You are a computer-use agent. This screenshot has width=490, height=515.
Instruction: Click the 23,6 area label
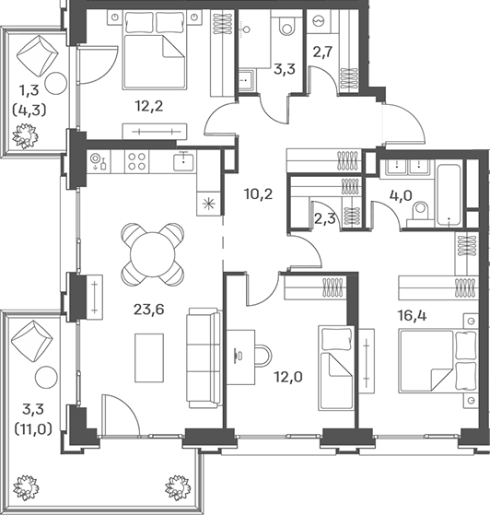pyautogui.click(x=149, y=310)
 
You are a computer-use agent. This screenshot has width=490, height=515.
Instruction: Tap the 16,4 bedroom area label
pyautogui.click(x=412, y=316)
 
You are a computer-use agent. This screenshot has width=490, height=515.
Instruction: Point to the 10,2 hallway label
pyautogui.click(x=259, y=194)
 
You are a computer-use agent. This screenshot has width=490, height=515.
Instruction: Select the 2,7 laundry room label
pyautogui.click(x=322, y=52)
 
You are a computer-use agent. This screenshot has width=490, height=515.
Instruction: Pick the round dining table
pyautogui.click(x=153, y=254)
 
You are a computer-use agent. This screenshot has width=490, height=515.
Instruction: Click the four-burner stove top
pyautogui.click(x=136, y=161)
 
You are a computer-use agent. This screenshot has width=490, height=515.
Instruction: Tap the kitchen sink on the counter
pyautogui.click(x=183, y=161)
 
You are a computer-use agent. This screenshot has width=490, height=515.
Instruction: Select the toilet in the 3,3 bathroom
pyautogui.click(x=286, y=26)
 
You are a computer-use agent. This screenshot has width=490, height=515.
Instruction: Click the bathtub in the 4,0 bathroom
pyautogui.click(x=449, y=194)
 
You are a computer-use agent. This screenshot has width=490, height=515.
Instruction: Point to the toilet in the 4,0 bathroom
pyautogui.click(x=419, y=212)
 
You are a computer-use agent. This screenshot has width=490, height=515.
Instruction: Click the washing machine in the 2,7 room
pyautogui.click(x=319, y=21)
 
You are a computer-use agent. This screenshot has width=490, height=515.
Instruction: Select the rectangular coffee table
pyautogui.click(x=149, y=358)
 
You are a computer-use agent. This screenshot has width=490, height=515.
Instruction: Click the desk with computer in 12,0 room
pyautogui.click(x=240, y=357)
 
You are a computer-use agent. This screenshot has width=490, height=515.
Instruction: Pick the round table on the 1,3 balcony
pyautogui.click(x=56, y=84)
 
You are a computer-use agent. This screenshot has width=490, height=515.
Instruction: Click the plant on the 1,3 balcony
pyautogui.click(x=25, y=135)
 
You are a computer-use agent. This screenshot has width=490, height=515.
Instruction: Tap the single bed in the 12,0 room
pyautogui.click(x=335, y=368)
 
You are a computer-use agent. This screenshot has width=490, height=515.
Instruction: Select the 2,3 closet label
pyautogui.click(x=325, y=218)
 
